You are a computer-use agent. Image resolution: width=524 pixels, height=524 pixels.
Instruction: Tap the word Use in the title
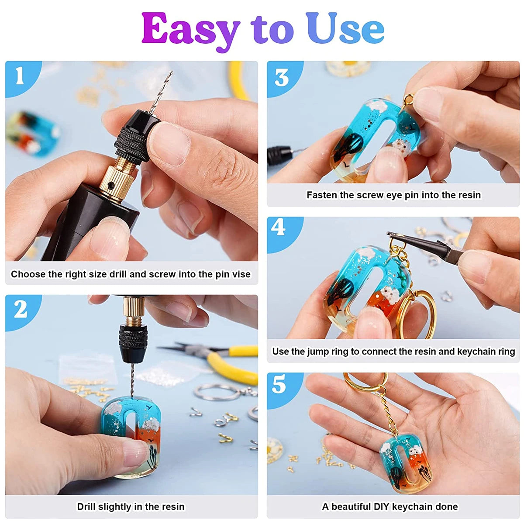click(x=345, y=28)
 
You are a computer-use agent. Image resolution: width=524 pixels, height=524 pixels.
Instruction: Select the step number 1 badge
click(x=20, y=76)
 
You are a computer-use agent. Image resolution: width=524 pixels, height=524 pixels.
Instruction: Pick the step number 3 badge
click(x=282, y=77)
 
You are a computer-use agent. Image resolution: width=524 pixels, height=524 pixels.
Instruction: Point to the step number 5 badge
click(x=279, y=384)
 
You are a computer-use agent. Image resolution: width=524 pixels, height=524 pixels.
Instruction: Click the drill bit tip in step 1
click(x=170, y=73)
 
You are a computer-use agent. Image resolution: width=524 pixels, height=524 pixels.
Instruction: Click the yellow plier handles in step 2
click(x=231, y=362)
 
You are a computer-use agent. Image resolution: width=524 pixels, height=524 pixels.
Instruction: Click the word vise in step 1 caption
click(x=241, y=274)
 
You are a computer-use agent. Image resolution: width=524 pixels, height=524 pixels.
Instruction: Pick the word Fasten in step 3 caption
click(x=321, y=195)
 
